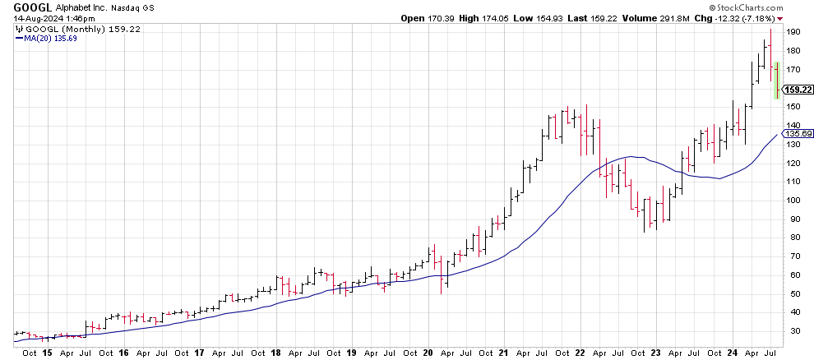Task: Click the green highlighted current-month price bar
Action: pyautogui.click(x=777, y=81)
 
